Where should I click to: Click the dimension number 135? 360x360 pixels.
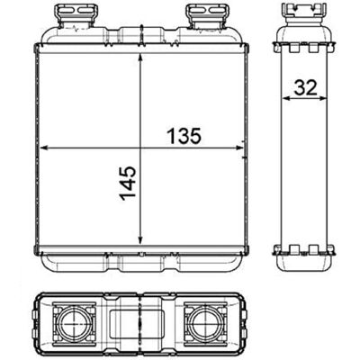(x=184, y=136)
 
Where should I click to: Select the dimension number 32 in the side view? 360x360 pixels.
(x=305, y=88)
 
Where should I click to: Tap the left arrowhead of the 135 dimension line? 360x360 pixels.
(x=44, y=148)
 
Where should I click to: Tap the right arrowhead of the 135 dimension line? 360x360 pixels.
(x=238, y=148)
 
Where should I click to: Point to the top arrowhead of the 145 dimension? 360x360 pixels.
(x=140, y=58)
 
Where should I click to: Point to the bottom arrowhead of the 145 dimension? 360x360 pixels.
(x=140, y=239)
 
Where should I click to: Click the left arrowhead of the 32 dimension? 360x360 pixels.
(x=286, y=98)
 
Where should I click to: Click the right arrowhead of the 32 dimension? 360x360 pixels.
(x=323, y=98)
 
